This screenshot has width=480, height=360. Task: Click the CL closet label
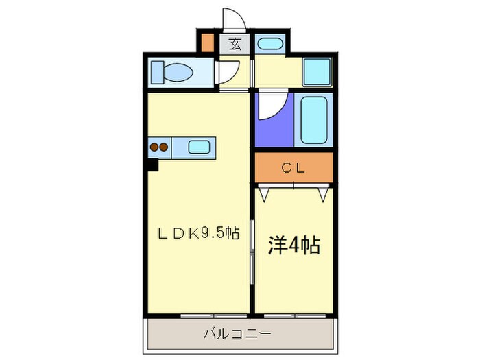(x=293, y=168)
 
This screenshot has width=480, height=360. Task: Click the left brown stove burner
(x=155, y=146)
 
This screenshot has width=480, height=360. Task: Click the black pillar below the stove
(x=151, y=164)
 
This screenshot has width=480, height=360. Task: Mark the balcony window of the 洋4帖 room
(x=293, y=316)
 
